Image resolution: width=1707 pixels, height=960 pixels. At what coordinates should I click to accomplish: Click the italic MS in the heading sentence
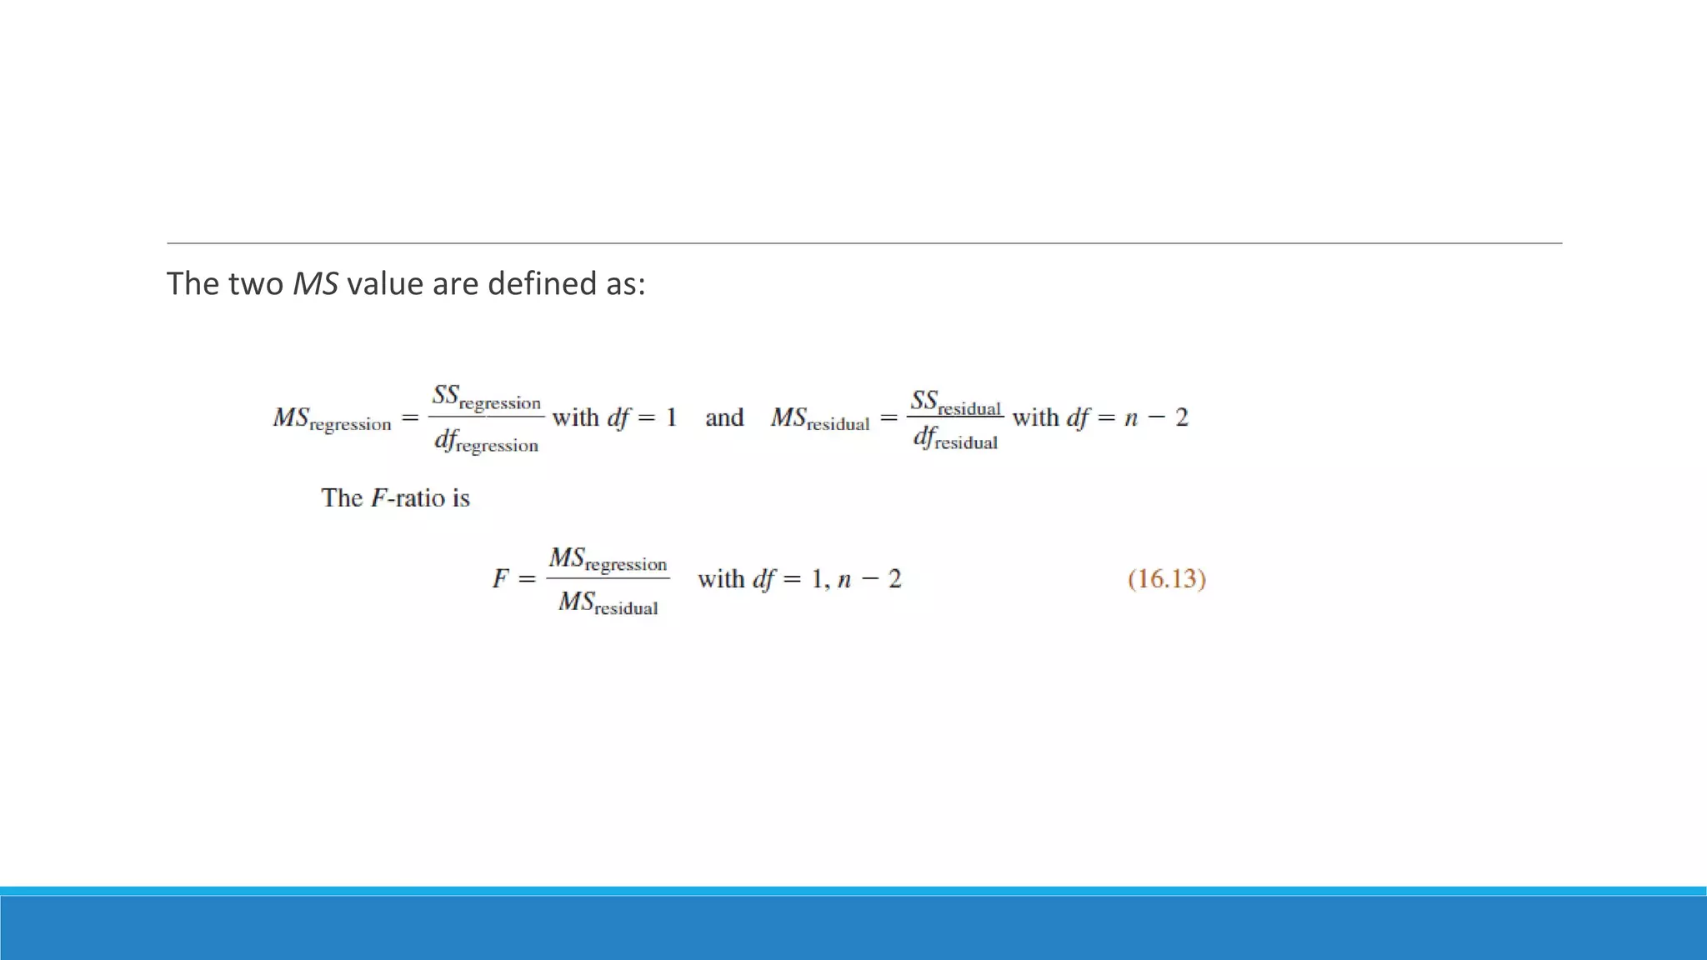point(315,284)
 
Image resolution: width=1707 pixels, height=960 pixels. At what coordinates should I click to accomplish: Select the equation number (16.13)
point(1167,579)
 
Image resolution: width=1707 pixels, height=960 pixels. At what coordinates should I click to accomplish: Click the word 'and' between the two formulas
point(723,417)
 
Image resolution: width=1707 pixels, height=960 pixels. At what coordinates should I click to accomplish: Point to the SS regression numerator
point(487,397)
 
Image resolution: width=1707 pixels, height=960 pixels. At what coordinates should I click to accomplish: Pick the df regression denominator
point(487,441)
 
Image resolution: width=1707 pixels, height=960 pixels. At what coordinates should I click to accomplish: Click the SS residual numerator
point(955,402)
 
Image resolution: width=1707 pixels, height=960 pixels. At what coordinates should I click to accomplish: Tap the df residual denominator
point(955,437)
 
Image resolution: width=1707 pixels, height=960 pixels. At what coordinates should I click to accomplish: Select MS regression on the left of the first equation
point(332,418)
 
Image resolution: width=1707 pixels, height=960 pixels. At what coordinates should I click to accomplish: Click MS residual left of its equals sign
point(820,418)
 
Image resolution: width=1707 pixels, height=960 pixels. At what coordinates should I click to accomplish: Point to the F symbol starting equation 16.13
point(500,578)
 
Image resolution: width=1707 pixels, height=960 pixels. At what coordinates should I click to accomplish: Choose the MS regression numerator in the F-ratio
point(608,559)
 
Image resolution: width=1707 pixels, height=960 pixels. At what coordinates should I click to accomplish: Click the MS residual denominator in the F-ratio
point(608,602)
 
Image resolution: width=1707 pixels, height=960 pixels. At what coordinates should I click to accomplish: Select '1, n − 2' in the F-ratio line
point(856,579)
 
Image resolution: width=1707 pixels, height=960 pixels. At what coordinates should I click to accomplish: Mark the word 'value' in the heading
point(384,284)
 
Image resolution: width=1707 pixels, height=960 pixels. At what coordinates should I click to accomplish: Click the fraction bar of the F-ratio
point(608,578)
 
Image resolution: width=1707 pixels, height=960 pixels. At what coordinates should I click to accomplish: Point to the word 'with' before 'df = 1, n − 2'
point(721,578)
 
